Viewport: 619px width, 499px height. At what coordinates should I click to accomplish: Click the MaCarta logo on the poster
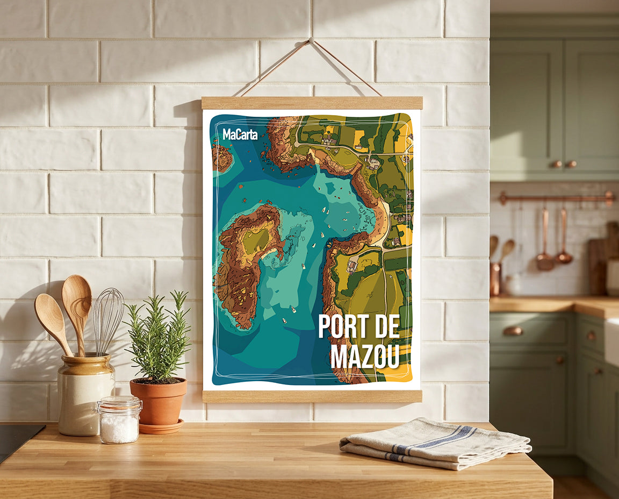240,134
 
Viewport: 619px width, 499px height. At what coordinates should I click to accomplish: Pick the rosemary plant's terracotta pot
159,402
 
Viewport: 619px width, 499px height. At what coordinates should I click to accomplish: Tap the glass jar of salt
119,422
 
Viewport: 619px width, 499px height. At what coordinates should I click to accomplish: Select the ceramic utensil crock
86,395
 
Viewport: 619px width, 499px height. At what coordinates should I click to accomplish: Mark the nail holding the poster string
311,40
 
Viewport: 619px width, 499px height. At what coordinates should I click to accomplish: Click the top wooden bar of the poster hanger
312,103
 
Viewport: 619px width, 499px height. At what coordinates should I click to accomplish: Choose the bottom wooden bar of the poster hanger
312,396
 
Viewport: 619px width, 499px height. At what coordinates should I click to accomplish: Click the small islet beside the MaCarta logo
222,158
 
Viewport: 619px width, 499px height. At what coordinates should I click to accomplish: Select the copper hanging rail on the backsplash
556,198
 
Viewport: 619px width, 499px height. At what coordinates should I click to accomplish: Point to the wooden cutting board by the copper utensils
598,258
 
